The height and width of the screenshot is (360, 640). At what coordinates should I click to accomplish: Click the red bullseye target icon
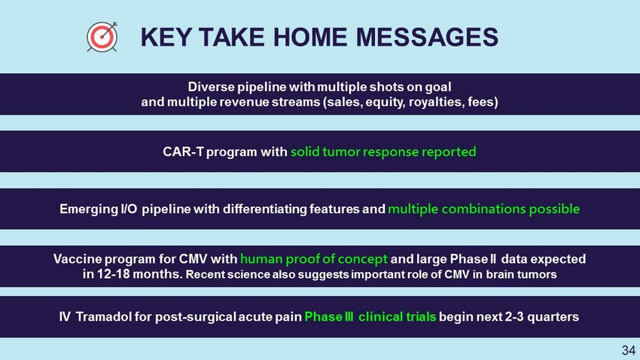(x=102, y=37)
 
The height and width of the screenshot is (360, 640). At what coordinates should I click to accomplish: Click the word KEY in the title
(x=166, y=37)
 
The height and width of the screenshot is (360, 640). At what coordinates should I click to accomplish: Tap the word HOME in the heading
(x=310, y=37)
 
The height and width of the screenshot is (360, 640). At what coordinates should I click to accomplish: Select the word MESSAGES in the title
(x=427, y=37)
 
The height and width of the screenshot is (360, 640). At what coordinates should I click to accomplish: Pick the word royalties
(x=436, y=102)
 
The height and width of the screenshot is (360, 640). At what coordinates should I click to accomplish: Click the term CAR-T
(x=183, y=152)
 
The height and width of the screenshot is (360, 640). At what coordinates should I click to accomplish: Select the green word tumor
(x=341, y=152)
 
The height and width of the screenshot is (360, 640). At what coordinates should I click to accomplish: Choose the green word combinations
(x=483, y=209)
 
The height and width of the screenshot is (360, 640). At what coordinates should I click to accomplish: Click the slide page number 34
(x=629, y=350)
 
